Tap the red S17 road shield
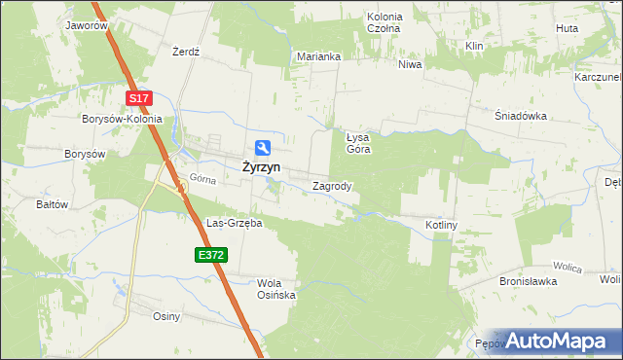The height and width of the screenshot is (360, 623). coord(140,98)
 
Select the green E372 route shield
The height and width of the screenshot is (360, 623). coord(209,255)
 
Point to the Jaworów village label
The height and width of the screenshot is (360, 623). coord(87,26)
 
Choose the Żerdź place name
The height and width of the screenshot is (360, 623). coord(185,52)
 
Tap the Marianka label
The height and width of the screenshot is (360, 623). coord(318,56)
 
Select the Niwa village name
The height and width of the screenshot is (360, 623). coord(409,65)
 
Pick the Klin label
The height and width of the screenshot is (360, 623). coord(475,47)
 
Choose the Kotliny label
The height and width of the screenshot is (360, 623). coord(441,225)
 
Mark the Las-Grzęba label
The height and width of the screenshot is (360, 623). coord(234,223)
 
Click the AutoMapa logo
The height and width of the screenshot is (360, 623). coord(559,341)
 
